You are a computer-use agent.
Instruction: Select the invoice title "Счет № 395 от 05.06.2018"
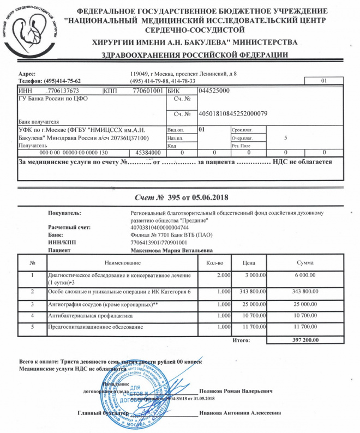pyautogui.click(x=180, y=197)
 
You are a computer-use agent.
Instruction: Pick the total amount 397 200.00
pyautogui.click(x=301, y=340)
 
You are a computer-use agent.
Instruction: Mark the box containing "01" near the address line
pyautogui.click(x=323, y=81)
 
